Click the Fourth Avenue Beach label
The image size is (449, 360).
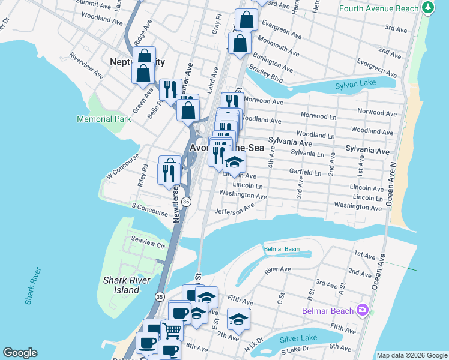[x=379, y=8]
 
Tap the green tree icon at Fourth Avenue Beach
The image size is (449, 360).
[x=427, y=8]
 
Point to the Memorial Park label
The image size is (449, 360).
[x=104, y=119]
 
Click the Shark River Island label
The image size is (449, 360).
[x=130, y=284]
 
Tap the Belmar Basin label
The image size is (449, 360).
[x=282, y=248]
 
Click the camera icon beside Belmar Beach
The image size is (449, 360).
[x=362, y=310]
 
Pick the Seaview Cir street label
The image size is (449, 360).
[x=148, y=245]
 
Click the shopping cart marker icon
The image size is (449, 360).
[x=172, y=329]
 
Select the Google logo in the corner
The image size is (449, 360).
[x=20, y=353]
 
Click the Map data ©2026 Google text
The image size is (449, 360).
[x=412, y=355]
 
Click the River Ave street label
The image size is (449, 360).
[x=277, y=270]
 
